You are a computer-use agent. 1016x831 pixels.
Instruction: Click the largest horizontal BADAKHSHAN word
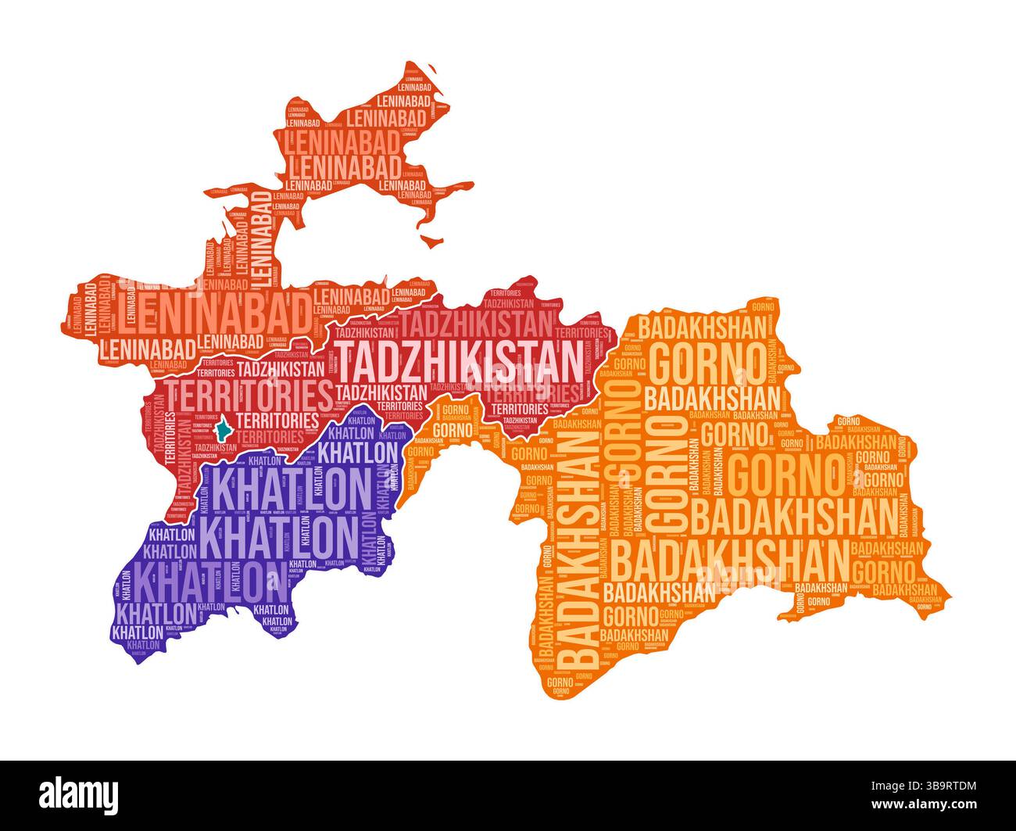tap(730, 558)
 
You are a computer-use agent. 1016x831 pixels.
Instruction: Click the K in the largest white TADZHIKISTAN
tap(480, 360)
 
